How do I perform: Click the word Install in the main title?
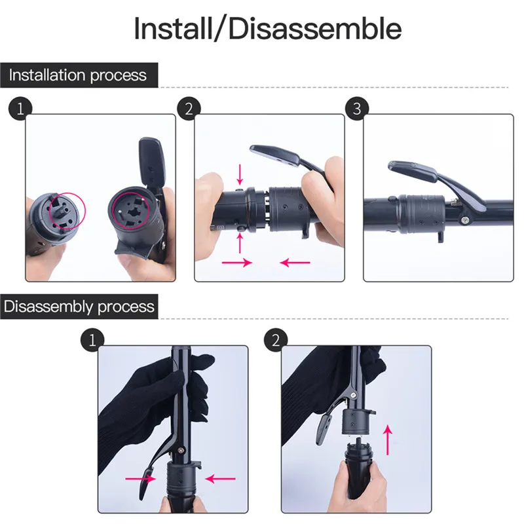click(173, 28)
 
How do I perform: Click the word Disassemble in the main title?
click(315, 28)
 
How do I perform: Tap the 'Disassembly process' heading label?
click(79, 307)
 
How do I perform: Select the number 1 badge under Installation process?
click(20, 109)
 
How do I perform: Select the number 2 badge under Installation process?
click(189, 109)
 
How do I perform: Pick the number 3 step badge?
click(357, 109)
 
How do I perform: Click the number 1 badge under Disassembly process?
click(92, 340)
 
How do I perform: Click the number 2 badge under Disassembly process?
click(276, 340)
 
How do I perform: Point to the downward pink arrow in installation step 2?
click(240, 174)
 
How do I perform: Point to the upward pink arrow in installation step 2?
click(240, 243)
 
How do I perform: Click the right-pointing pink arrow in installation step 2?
click(237, 263)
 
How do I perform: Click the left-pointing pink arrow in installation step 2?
click(295, 263)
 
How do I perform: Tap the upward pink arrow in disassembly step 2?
click(387, 440)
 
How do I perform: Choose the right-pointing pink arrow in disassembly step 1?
click(141, 479)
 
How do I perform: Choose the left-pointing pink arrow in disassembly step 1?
click(220, 479)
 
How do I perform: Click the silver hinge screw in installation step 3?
click(465, 219)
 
